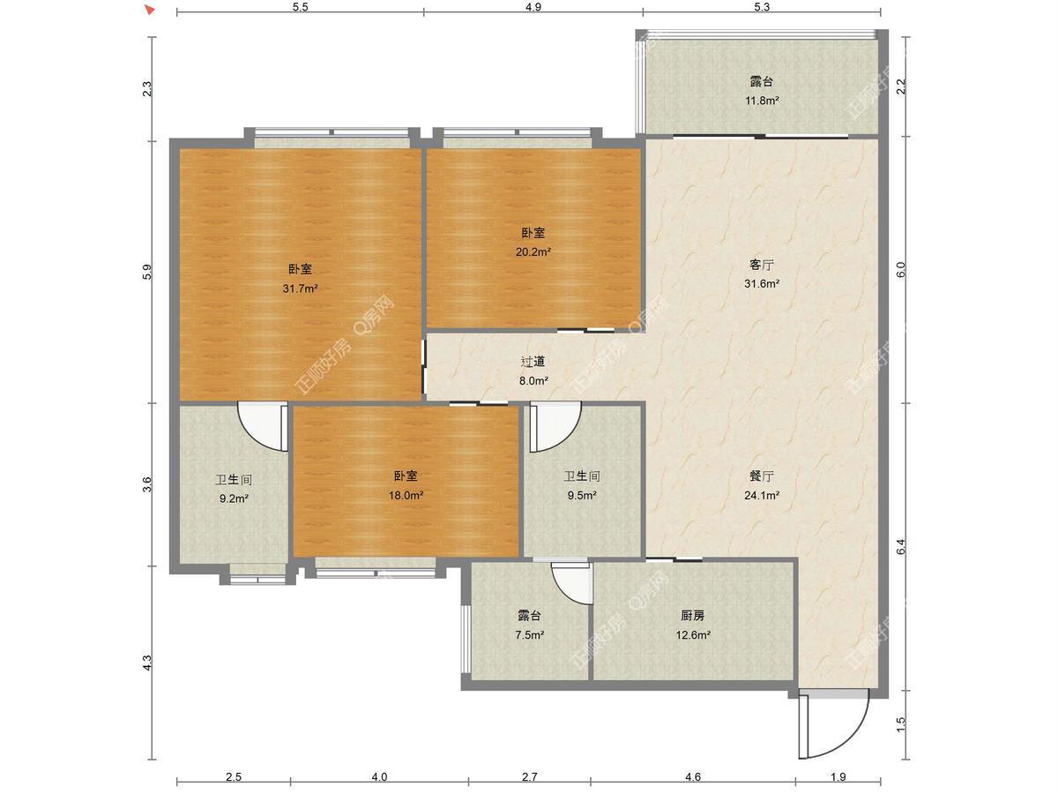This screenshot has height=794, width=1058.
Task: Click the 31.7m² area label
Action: click(300, 288)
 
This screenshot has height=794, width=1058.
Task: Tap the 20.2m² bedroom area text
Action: click(533, 251)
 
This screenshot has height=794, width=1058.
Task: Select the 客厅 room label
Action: click(762, 265)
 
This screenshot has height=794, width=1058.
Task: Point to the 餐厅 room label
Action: click(762, 476)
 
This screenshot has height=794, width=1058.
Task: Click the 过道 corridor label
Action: click(533, 362)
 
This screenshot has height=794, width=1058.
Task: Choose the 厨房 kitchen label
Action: click(693, 616)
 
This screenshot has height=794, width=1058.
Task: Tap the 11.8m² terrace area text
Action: click(762, 101)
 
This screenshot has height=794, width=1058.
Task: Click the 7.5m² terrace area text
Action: click(529, 635)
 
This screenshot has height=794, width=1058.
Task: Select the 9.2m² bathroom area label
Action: click(234, 498)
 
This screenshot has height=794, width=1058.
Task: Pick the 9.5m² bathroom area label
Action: click(582, 495)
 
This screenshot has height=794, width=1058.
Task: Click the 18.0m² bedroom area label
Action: click(406, 495)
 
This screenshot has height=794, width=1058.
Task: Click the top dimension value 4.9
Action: click(533, 7)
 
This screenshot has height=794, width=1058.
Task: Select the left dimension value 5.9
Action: click(147, 272)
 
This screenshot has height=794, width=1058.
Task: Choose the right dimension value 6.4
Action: click(900, 546)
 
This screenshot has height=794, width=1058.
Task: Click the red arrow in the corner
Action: click(151, 10)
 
